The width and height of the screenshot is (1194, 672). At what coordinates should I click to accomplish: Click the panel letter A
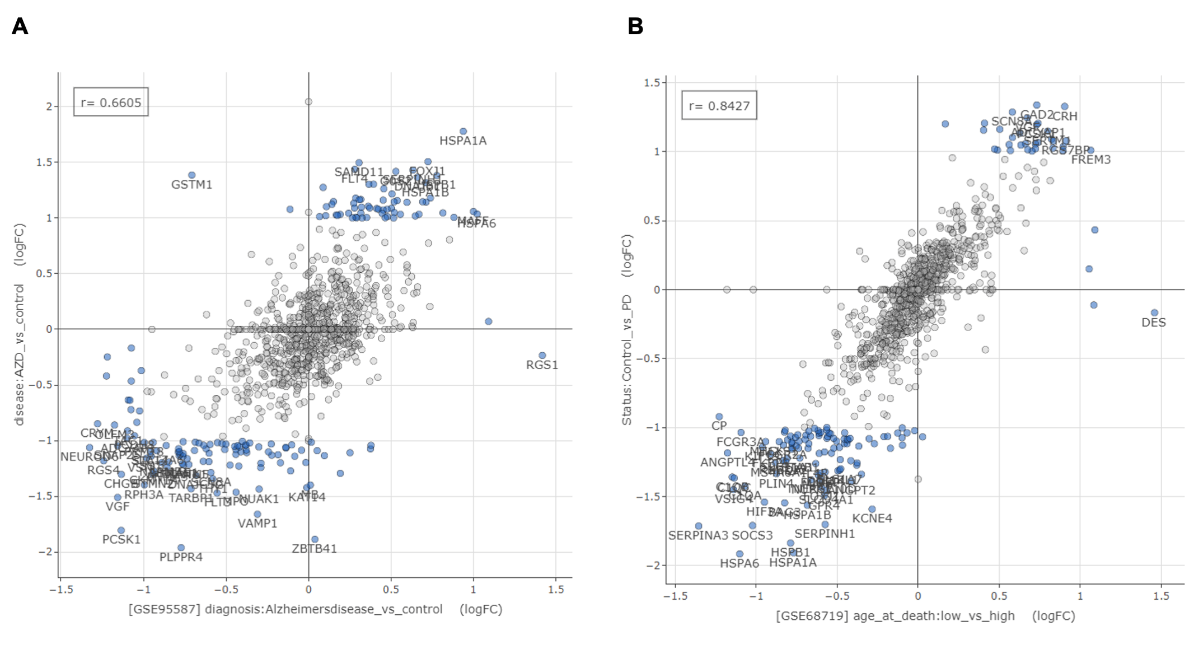pyautogui.click(x=20, y=26)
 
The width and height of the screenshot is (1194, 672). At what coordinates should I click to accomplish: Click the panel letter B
pyautogui.click(x=635, y=26)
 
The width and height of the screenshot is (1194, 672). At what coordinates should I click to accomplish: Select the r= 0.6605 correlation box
pyautogui.click(x=111, y=102)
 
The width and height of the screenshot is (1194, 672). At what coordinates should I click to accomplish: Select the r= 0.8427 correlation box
pyautogui.click(x=719, y=105)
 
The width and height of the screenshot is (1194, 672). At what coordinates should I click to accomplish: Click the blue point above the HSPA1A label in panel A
pyautogui.click(x=463, y=131)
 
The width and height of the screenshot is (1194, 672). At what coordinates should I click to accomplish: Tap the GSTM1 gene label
pyautogui.click(x=191, y=185)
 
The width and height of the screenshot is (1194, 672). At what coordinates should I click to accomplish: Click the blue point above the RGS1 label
pyautogui.click(x=542, y=355)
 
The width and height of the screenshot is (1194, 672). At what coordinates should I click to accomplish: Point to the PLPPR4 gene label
pyautogui.click(x=181, y=557)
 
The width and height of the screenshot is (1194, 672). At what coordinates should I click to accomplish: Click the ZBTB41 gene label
pyautogui.click(x=314, y=549)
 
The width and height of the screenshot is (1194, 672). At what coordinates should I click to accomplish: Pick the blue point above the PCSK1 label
pyautogui.click(x=121, y=530)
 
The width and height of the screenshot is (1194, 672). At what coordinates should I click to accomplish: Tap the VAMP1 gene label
pyautogui.click(x=257, y=524)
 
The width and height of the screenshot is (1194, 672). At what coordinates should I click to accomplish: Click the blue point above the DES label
pyautogui.click(x=1154, y=312)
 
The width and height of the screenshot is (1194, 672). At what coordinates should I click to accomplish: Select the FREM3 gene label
pyautogui.click(x=1090, y=160)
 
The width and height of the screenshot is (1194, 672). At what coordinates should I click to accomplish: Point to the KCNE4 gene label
pyautogui.click(x=872, y=519)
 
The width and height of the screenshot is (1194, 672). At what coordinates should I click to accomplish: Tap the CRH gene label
pyautogui.click(x=1065, y=116)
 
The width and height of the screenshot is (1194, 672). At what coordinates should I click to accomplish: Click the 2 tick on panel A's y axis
pyautogui.click(x=49, y=106)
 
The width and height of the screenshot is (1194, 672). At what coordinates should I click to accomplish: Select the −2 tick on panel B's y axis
pyautogui.click(x=654, y=566)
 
